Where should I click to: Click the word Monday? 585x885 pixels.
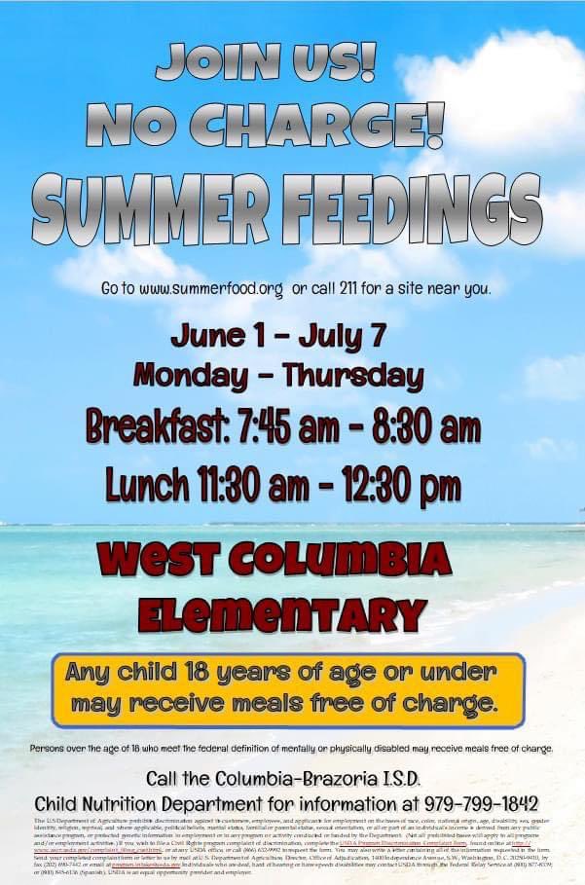[184, 374]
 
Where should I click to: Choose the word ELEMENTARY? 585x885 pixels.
[282, 613]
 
